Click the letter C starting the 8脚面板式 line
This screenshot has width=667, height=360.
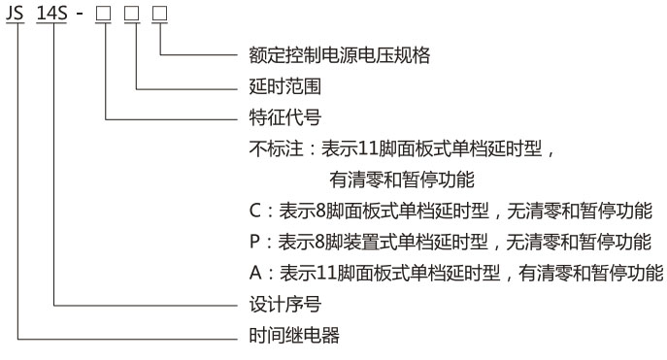(x=255, y=212)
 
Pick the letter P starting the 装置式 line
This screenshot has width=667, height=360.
(x=254, y=243)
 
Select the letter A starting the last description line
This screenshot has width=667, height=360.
(x=255, y=274)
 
